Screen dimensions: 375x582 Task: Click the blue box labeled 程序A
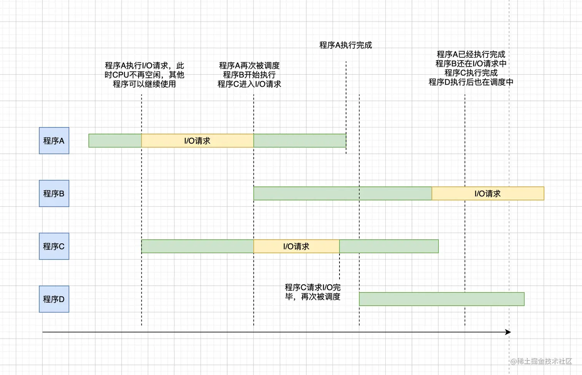(x=54, y=141)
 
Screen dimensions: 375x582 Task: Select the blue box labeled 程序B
(x=54, y=193)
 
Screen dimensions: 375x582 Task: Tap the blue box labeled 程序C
(x=54, y=246)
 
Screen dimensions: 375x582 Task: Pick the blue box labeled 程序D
(x=54, y=299)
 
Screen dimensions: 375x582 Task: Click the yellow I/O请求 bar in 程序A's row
(x=197, y=141)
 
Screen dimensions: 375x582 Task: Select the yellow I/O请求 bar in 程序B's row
(x=488, y=193)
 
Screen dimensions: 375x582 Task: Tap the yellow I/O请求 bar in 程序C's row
(x=296, y=246)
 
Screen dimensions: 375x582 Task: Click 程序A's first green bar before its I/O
(x=115, y=141)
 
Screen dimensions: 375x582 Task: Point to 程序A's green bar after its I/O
(x=299, y=141)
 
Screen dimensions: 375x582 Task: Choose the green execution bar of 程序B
(x=343, y=193)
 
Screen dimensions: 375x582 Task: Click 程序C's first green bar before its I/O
(x=197, y=246)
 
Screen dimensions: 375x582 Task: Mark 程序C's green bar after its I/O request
(x=389, y=246)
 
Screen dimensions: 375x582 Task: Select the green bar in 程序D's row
(x=442, y=299)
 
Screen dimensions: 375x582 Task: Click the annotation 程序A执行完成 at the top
(x=346, y=45)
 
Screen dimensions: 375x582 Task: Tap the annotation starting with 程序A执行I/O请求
(x=144, y=75)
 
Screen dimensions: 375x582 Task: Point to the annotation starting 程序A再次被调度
(x=249, y=75)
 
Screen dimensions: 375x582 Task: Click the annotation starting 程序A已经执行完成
(x=471, y=68)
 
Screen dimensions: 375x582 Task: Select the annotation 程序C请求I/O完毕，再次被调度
(x=313, y=292)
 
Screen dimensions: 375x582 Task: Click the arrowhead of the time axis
(x=508, y=332)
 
